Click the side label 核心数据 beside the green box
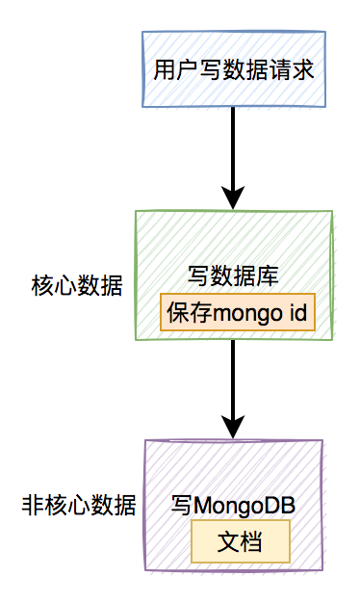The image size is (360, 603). [78, 286]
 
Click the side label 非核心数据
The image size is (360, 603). [78, 505]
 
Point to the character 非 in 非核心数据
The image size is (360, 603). [31, 505]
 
